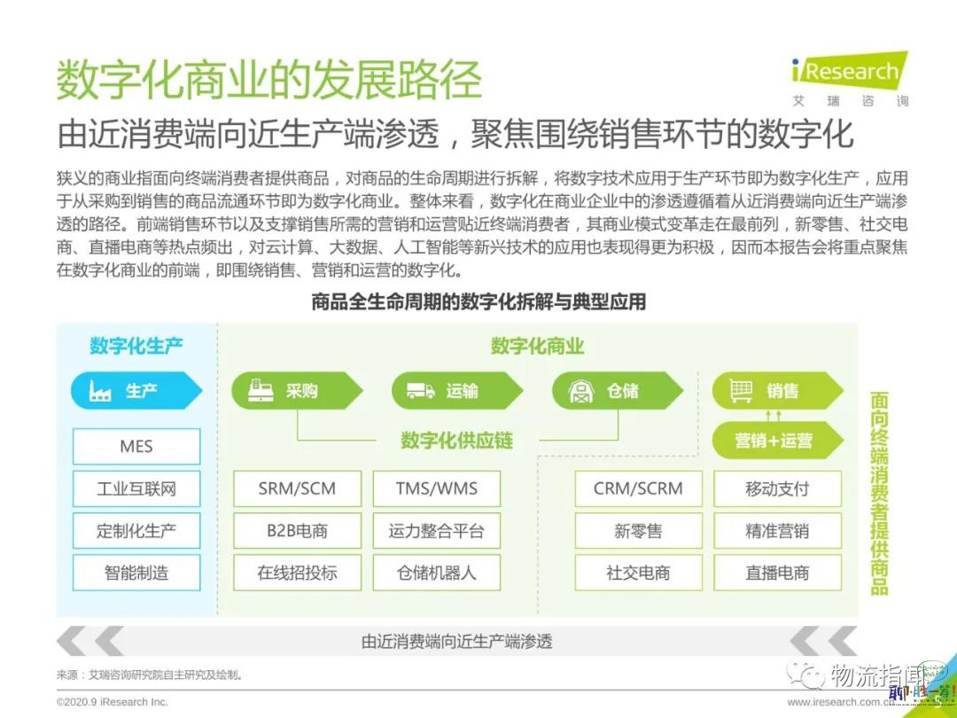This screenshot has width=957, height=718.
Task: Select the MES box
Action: point(136,446)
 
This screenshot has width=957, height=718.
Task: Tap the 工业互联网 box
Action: point(136,488)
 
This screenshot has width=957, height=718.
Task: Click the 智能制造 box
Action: point(136,573)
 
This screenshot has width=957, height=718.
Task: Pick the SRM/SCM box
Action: point(297,488)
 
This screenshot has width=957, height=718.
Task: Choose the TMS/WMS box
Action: point(436,488)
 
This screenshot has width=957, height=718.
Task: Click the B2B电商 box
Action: point(297,531)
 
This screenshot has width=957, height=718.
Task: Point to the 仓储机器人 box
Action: point(436,573)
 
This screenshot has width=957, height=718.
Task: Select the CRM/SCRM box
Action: point(638,488)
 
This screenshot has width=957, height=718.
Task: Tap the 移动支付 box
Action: point(778,488)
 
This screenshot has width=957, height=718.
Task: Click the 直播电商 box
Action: point(778,573)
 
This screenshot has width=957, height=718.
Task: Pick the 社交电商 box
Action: point(638,573)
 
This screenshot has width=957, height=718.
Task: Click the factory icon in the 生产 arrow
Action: point(100,391)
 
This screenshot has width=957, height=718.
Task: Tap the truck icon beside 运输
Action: point(421,391)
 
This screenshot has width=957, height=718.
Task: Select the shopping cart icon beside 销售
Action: point(741,391)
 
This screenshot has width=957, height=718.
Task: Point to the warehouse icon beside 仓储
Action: point(581,391)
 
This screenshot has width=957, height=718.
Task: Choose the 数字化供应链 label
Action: point(456,441)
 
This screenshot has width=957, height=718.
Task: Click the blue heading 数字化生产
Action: point(136,346)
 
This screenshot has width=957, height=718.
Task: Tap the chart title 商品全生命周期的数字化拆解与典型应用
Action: point(478,301)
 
